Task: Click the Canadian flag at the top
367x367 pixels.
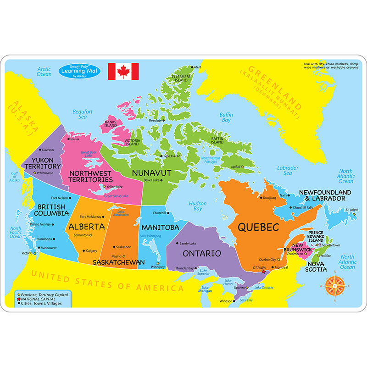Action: (x=123, y=72)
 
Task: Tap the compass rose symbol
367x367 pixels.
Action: (x=335, y=287)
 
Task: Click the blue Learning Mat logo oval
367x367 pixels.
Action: (x=78, y=72)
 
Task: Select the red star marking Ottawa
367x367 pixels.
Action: (x=263, y=272)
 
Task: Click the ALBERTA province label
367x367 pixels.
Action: (x=87, y=227)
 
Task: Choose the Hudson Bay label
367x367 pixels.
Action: (x=198, y=206)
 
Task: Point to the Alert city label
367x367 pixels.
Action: (x=198, y=67)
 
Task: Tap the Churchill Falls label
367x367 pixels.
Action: (x=303, y=207)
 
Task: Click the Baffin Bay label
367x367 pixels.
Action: (x=226, y=117)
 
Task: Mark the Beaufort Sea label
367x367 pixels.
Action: (x=83, y=114)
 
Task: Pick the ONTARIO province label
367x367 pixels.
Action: (x=202, y=253)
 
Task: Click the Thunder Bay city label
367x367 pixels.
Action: (x=185, y=268)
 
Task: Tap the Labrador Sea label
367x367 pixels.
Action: (x=288, y=171)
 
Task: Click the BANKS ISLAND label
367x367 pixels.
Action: (x=111, y=124)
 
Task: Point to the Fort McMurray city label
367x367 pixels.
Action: (x=91, y=217)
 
